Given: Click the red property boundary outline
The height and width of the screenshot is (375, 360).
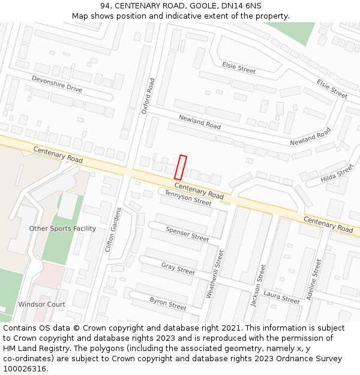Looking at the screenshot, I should pos(181,167).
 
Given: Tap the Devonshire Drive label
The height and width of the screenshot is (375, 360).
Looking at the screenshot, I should pos(57,83).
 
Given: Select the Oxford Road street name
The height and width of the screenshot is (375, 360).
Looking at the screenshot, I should pos(148,95).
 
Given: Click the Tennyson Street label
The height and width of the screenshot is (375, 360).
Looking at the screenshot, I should pos(188,198).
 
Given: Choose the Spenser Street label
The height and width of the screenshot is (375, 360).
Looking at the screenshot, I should pos(187,234).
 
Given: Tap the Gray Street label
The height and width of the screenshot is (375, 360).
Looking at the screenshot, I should pos(178,269).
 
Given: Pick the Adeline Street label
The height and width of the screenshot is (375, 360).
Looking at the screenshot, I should pos(314,281).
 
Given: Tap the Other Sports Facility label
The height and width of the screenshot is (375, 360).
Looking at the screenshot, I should pos(62,229).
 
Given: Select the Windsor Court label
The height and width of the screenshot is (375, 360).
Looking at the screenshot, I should pos(41,304).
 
